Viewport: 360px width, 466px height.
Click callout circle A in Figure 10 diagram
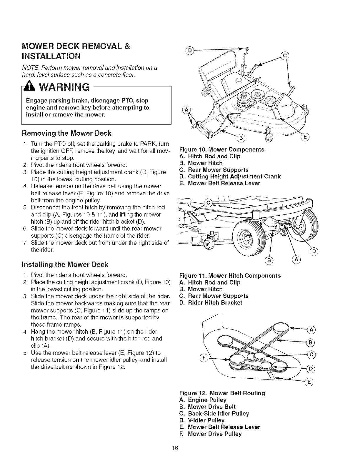coord(186,111)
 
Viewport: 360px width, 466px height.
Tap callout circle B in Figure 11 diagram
coord(269,259)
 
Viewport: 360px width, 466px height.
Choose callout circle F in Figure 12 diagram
coord(202,358)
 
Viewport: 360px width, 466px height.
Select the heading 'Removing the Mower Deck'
coord(66,133)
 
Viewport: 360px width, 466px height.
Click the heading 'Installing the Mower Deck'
coord(65,264)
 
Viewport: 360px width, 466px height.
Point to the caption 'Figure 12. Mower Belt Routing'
coord(222,393)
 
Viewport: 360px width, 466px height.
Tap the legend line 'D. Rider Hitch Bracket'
coord(211,302)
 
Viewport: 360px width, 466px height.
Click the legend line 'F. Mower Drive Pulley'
coord(210,434)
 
